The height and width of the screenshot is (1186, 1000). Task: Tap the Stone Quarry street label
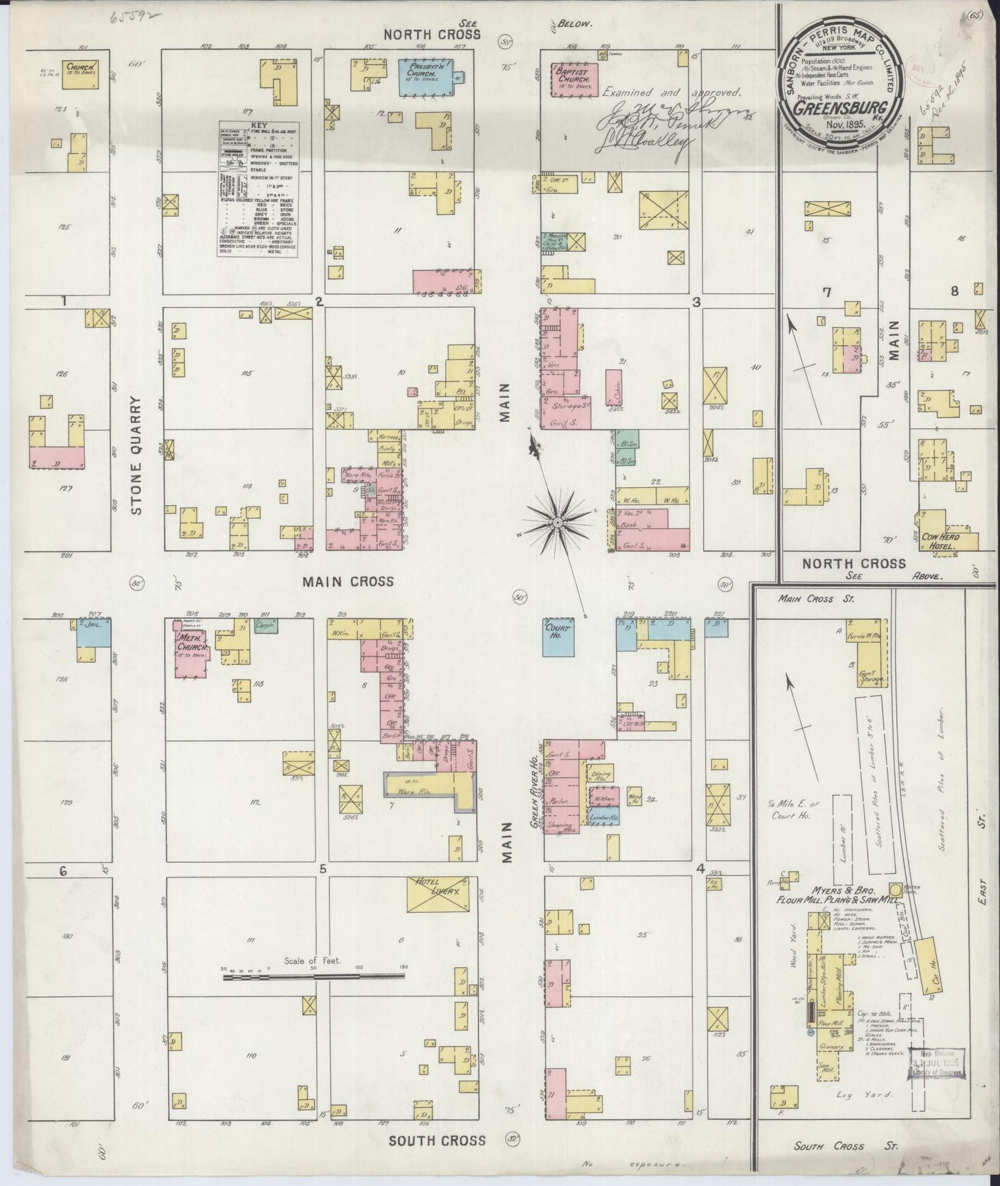136,455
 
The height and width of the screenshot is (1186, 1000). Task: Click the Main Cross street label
347,581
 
